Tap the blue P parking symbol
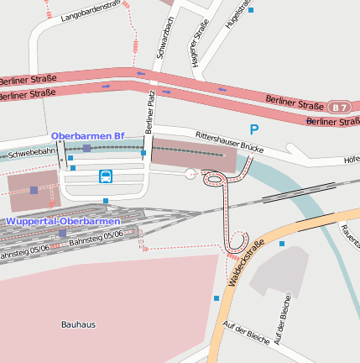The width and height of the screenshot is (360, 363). coord(254,129)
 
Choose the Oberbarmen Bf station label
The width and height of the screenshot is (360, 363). coord(87,135)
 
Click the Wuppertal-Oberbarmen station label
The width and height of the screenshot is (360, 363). coord(62,221)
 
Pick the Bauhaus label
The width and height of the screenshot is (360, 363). coord(78,324)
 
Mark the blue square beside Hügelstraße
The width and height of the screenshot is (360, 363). coord(250,10)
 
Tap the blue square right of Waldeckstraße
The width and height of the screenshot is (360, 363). coord(282,244)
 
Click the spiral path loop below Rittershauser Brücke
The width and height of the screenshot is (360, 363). coord(214,178)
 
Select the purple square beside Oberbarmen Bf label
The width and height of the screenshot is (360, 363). coord(86,148)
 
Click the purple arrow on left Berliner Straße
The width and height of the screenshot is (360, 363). coord(107,85)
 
